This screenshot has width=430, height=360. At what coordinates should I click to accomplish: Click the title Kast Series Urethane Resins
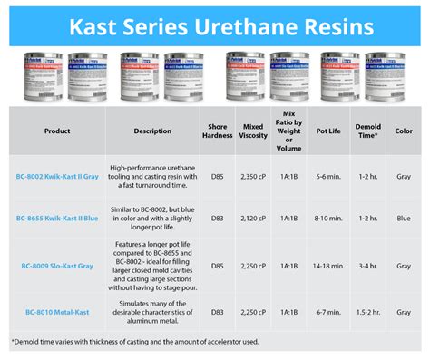point(215,24)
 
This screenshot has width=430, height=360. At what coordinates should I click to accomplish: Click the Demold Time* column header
point(372,130)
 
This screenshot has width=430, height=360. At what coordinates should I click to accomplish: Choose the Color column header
point(405,130)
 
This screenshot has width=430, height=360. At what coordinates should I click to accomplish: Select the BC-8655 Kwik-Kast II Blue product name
point(57,219)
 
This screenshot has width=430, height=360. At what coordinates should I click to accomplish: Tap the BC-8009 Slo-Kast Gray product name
point(57,266)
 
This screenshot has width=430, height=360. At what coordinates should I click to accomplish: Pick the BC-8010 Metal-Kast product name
point(57,312)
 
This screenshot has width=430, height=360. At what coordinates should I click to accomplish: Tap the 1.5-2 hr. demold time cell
point(372,312)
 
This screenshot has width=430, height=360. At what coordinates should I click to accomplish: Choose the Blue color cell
point(405,219)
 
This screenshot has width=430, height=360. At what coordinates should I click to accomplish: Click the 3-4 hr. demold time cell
point(372,266)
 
